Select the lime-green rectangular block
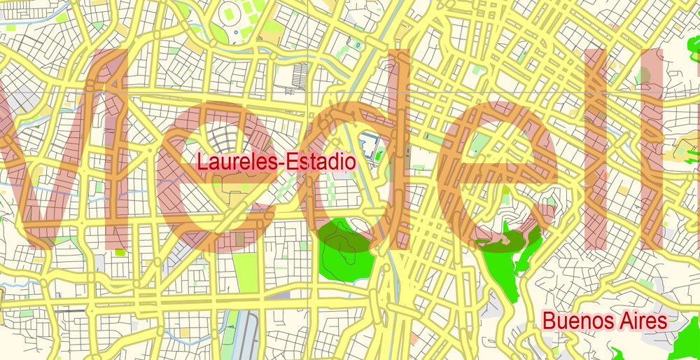(245, 273)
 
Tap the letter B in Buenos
(550, 321)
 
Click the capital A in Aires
(622, 321)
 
